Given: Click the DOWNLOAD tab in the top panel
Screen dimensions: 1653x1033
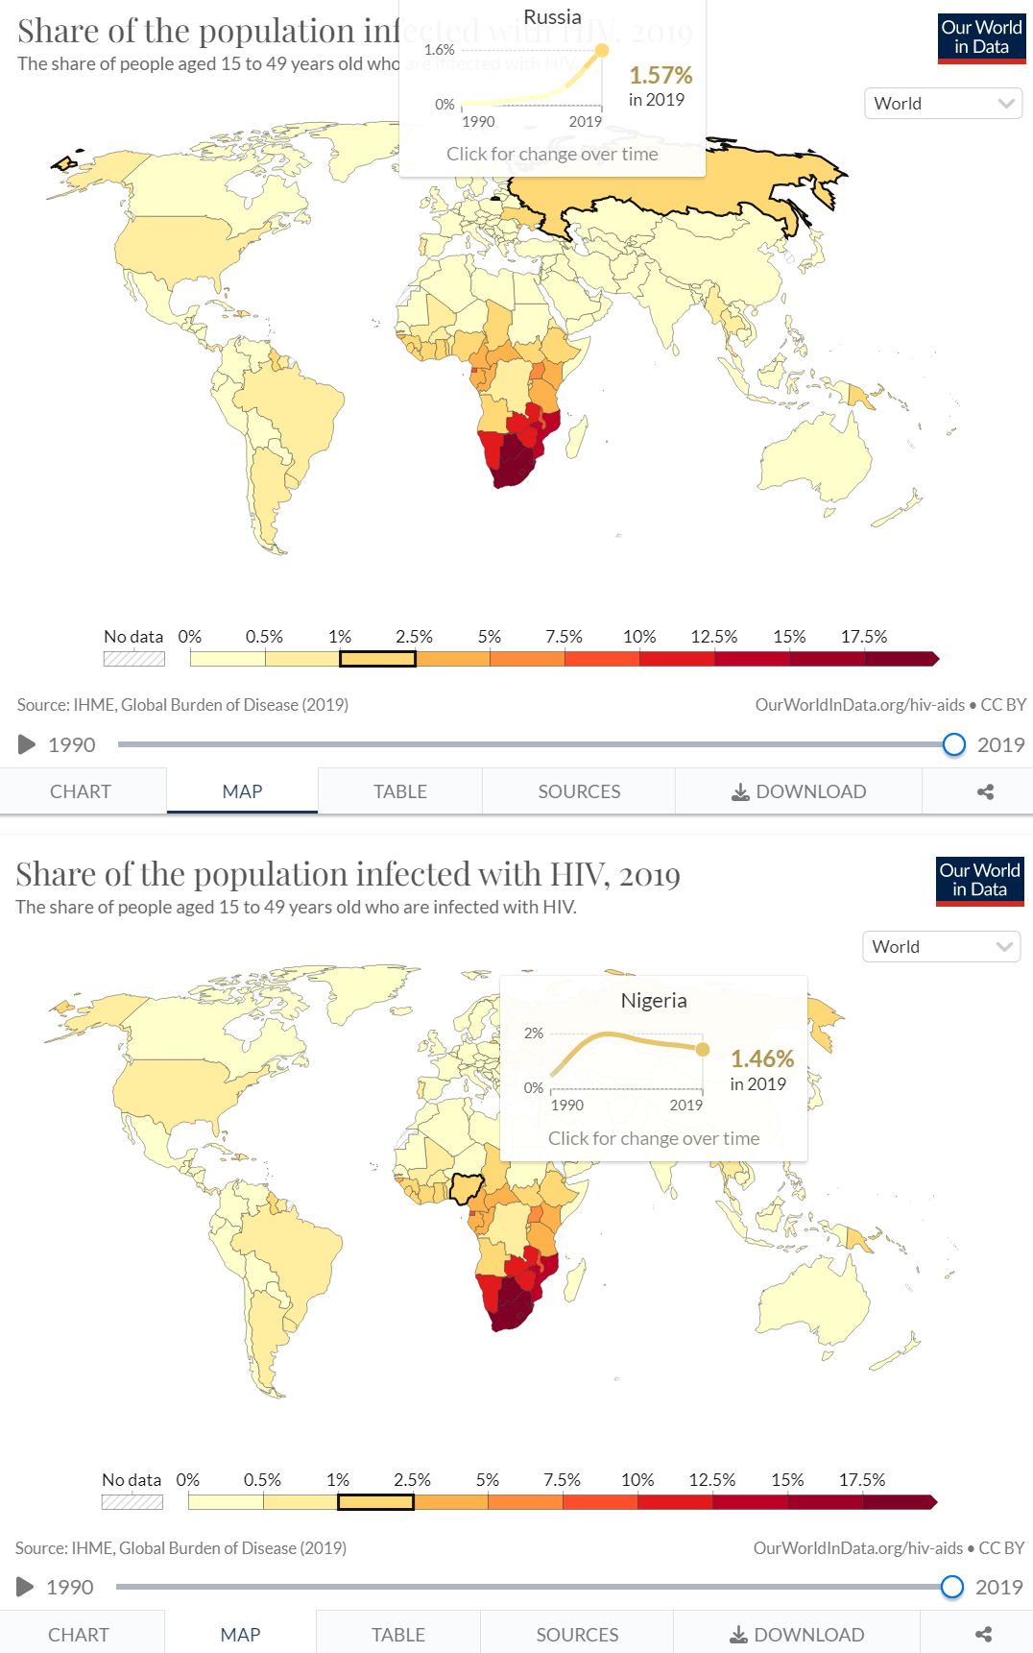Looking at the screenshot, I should click(x=799, y=791).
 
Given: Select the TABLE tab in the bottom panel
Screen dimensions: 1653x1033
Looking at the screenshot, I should click(x=398, y=1635).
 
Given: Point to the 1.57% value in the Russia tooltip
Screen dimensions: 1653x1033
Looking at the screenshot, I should click(x=661, y=75).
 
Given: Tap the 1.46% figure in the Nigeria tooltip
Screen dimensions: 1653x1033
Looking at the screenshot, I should click(x=762, y=1058).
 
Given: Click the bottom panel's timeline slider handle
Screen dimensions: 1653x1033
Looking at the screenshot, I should click(x=951, y=1587).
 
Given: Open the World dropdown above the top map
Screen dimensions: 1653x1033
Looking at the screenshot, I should click(x=944, y=104).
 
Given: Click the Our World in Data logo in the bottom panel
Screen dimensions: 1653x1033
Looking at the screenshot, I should click(x=979, y=880).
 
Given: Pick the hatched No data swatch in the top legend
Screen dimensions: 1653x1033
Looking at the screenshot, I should click(x=134, y=659).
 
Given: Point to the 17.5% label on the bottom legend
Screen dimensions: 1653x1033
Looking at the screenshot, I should click(x=862, y=1480).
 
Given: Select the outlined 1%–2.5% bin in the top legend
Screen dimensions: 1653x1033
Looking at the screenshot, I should click(x=377, y=659).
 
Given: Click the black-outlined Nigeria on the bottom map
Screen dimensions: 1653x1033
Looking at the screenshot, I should click(x=468, y=1187).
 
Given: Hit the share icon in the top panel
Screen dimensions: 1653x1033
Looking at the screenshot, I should click(x=985, y=791).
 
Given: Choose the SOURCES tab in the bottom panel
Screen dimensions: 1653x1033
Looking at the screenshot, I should click(x=577, y=1635).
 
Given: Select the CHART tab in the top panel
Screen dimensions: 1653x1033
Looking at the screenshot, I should click(x=81, y=791).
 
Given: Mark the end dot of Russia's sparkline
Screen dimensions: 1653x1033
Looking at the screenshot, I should click(x=602, y=50).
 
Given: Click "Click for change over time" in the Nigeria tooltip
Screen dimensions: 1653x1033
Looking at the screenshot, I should click(x=654, y=1138).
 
